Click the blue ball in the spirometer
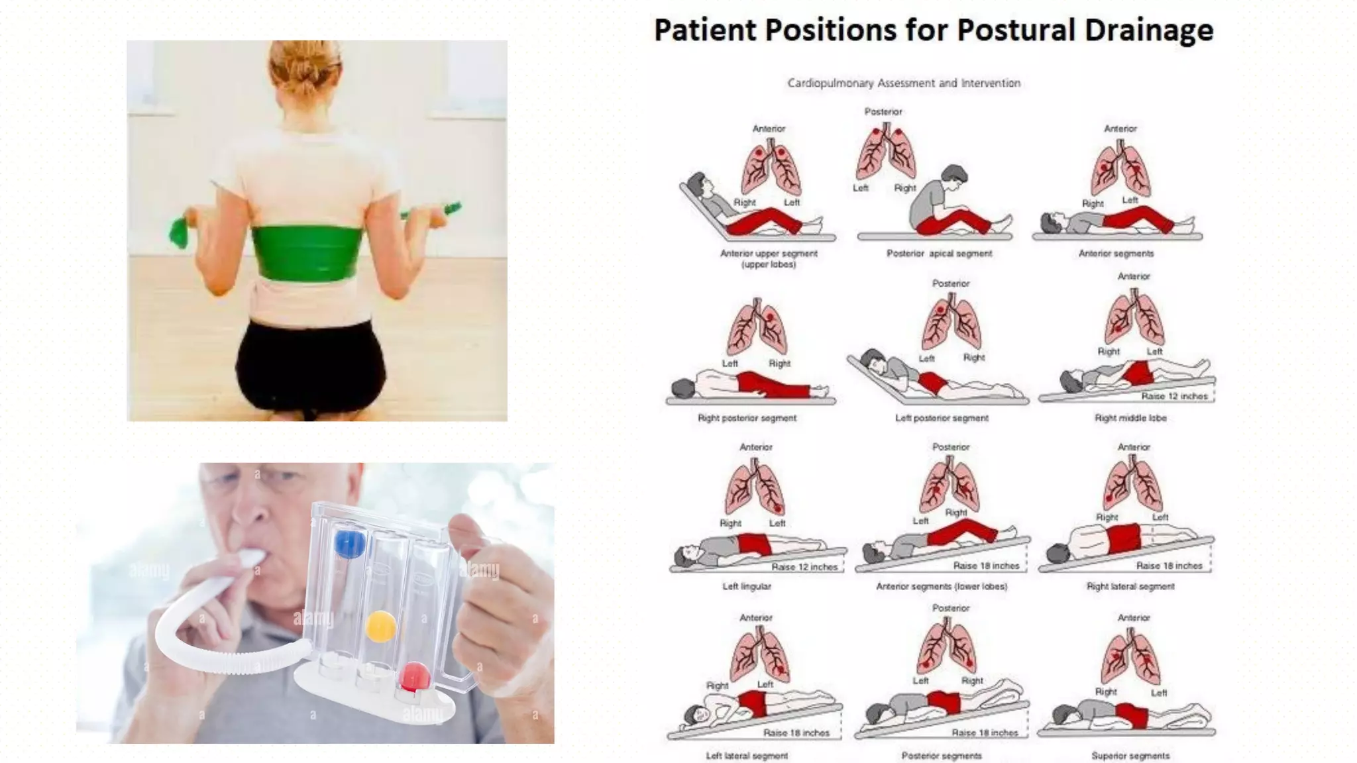(x=349, y=544)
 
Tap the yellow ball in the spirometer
(x=381, y=626)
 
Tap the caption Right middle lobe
(x=1130, y=418)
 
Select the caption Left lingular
(x=746, y=586)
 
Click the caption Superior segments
(x=1130, y=756)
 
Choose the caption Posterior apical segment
(x=939, y=253)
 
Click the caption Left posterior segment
(x=941, y=418)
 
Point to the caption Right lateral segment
(x=1130, y=586)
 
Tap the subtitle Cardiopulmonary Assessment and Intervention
(x=904, y=83)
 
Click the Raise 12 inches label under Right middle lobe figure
(x=1174, y=396)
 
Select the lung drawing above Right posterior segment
(x=757, y=329)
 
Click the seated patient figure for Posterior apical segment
(x=941, y=202)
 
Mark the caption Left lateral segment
(x=746, y=756)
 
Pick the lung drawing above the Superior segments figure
(x=1130, y=656)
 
